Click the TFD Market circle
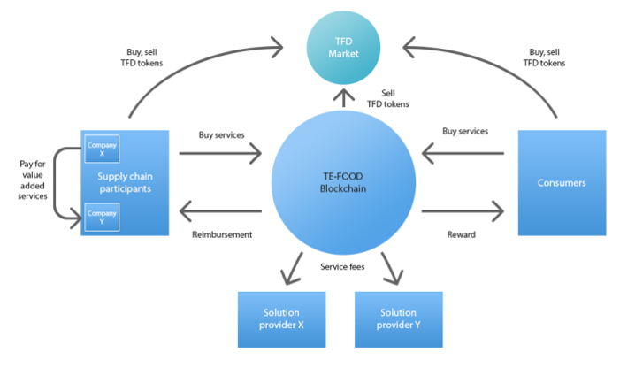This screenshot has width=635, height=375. [x=343, y=45]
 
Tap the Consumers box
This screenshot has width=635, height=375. [x=562, y=182]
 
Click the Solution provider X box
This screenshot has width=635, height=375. [x=280, y=318]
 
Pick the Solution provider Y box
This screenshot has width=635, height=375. [x=398, y=318]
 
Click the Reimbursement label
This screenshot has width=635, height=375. [x=222, y=234]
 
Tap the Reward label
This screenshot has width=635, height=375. [x=462, y=234]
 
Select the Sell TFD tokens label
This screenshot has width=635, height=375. [x=387, y=98]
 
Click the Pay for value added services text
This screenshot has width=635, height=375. [x=33, y=181]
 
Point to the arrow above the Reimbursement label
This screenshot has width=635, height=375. [x=221, y=211]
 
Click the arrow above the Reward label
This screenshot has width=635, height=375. [x=462, y=211]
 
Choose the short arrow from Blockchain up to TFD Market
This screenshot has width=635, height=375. [x=344, y=99]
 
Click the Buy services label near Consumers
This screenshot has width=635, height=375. [x=464, y=132]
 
